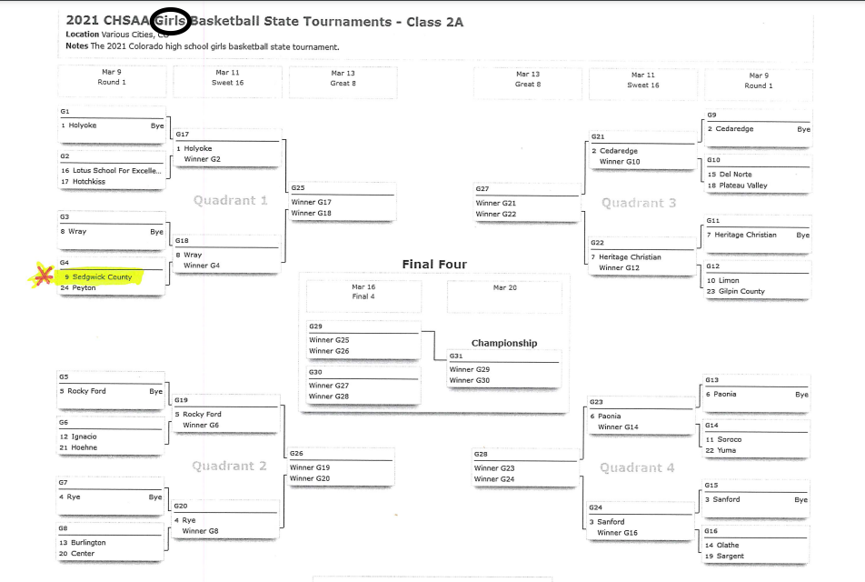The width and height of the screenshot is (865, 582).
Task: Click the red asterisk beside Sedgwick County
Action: coord(41,276)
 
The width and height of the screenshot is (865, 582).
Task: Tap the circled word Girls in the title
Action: coord(171,21)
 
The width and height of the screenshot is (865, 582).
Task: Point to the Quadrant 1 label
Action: coord(231,200)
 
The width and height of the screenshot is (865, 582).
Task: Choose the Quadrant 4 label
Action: coord(637,467)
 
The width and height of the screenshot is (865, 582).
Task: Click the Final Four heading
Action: coord(434,265)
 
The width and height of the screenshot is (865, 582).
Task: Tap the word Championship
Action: coord(504,343)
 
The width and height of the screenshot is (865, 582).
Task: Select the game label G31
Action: coord(456,356)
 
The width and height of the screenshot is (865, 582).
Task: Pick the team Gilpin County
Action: coord(741,291)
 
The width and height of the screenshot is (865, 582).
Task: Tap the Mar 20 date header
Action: coord(504,287)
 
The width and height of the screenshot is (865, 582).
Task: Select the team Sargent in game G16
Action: coord(731,556)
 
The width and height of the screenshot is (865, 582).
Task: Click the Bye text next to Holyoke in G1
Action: coord(157,125)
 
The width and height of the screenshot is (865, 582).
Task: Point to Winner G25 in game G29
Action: coord(329,340)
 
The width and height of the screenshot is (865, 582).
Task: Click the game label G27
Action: coord(482,189)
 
